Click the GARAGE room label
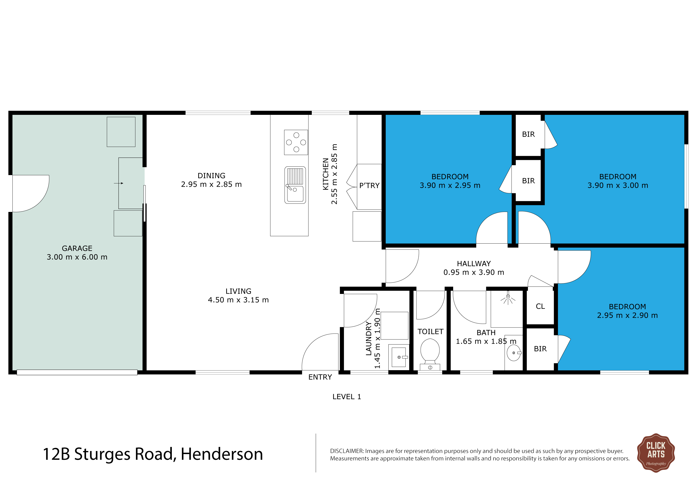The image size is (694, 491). pyautogui.click(x=77, y=248)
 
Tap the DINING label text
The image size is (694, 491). pyautogui.click(x=211, y=176)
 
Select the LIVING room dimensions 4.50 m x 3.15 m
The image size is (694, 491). pyautogui.click(x=238, y=300)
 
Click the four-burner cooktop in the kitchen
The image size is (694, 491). pyautogui.click(x=296, y=142)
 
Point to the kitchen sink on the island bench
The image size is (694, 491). pyautogui.click(x=295, y=185)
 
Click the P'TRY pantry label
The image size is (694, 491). pyautogui.click(x=369, y=185)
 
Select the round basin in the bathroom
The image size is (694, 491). pyautogui.click(x=514, y=353)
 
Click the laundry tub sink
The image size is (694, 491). pyautogui.click(x=399, y=357)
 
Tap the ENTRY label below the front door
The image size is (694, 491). pyautogui.click(x=320, y=377)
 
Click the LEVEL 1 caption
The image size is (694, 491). pyautogui.click(x=347, y=397)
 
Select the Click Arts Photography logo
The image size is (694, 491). pyautogui.click(x=656, y=453)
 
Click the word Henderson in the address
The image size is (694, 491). pyautogui.click(x=222, y=454)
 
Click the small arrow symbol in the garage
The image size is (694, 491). pyautogui.click(x=118, y=183)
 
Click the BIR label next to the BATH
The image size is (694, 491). pyautogui.click(x=540, y=349)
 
